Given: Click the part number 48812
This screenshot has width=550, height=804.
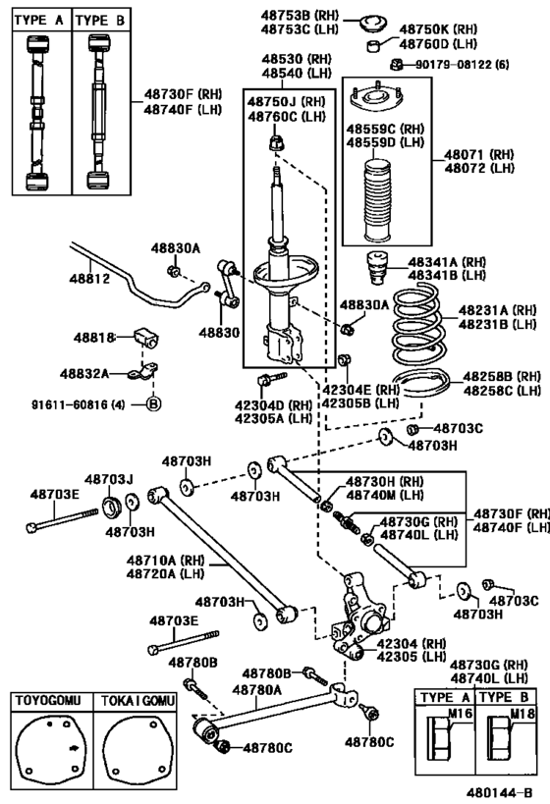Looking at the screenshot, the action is (89, 279).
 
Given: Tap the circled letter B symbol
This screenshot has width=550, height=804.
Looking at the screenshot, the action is (153, 404).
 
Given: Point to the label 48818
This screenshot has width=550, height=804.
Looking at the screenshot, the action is (94, 338).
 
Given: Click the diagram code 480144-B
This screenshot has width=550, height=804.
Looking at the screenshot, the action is (499, 793).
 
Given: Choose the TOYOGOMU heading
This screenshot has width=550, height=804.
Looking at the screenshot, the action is (48, 700).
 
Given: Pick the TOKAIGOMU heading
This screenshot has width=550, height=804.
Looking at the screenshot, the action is (137, 700).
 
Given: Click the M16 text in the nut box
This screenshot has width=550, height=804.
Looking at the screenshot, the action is (460, 714).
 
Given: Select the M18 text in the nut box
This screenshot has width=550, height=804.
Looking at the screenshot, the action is (522, 714).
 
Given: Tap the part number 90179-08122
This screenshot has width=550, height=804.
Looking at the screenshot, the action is (449, 65).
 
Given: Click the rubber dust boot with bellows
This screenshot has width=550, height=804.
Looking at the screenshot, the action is (377, 202).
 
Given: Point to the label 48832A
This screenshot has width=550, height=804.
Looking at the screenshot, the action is (84, 373).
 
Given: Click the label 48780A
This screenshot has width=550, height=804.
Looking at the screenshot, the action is (256, 690).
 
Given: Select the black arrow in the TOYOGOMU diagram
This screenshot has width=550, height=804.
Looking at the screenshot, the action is (75, 748).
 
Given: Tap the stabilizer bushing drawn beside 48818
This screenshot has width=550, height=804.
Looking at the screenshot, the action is (146, 338).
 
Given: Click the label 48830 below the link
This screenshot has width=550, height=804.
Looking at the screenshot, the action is (219, 332).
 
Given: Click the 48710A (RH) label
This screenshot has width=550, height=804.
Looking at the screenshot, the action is (165, 560).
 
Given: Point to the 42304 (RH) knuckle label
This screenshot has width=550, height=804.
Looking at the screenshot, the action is (412, 643).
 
